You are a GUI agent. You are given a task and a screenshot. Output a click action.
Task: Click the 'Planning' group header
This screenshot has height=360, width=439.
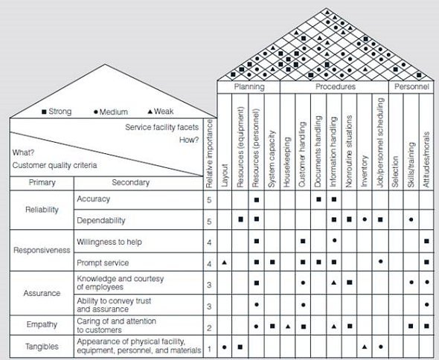point(249,86)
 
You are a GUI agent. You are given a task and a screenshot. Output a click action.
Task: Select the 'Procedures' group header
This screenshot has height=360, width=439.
point(336,86)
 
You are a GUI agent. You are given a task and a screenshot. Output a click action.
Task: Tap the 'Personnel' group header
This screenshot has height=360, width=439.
point(411,86)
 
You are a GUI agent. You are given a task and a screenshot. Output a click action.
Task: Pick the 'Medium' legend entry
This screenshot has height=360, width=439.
point(112,112)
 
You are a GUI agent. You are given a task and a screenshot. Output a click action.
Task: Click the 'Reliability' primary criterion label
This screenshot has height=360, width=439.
point(42,210)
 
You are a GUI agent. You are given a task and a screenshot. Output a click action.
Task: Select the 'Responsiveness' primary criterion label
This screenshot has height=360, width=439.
point(42,251)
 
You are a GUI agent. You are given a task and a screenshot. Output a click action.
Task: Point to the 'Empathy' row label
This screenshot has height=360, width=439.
point(42,324)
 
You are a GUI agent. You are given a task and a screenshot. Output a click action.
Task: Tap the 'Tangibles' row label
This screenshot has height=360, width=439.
point(42,346)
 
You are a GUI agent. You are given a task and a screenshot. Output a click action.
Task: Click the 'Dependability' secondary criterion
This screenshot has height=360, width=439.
point(101,221)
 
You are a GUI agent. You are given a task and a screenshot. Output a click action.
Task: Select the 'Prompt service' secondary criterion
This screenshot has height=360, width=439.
point(103,263)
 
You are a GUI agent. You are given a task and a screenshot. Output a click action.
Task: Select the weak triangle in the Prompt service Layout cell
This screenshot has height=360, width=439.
point(224,263)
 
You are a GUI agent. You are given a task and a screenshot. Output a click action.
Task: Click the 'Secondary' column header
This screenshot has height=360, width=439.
point(130,182)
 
